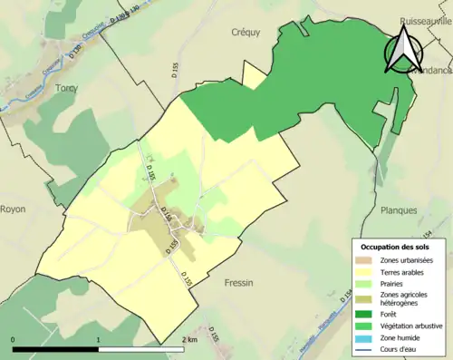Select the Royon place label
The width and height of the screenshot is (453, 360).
(13, 209)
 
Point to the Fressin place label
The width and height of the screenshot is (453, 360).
(240, 282)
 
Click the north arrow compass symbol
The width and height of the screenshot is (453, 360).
(401, 49)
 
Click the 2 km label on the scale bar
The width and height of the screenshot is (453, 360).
(189, 339)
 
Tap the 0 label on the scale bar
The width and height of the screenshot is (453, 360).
(13, 339)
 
